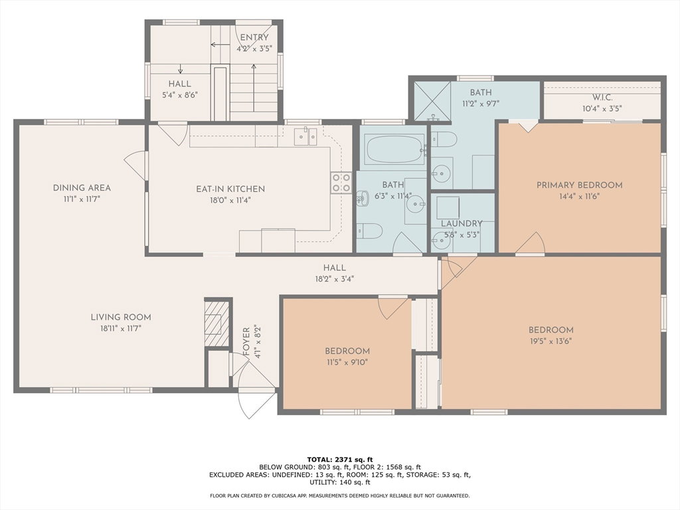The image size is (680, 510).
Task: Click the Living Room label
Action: point(121,317)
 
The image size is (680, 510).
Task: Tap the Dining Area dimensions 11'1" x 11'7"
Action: point(82,199)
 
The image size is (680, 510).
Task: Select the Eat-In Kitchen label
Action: point(230,189)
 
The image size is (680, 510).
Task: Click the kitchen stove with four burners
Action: point(341,183)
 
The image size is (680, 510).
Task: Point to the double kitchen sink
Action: point(305,136)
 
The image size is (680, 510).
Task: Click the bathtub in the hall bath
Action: point(394,149)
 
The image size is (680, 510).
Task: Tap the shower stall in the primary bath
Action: point(432,101)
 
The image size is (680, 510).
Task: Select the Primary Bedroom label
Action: point(579,185)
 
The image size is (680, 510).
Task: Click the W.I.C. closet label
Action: point(602,98)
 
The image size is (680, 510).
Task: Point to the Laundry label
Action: point(462,223)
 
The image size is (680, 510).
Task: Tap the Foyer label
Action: point(246,342)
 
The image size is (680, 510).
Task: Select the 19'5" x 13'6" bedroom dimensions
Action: point(551,341)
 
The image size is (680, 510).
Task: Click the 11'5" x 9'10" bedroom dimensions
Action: point(347,362)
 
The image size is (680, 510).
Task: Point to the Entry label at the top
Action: point(254,37)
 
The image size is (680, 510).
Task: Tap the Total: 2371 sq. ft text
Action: point(340,460)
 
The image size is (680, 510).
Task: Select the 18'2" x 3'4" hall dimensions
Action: point(335,279)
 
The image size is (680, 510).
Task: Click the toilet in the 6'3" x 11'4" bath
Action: point(369,230)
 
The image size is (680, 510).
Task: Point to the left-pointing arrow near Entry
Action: point(220,44)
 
